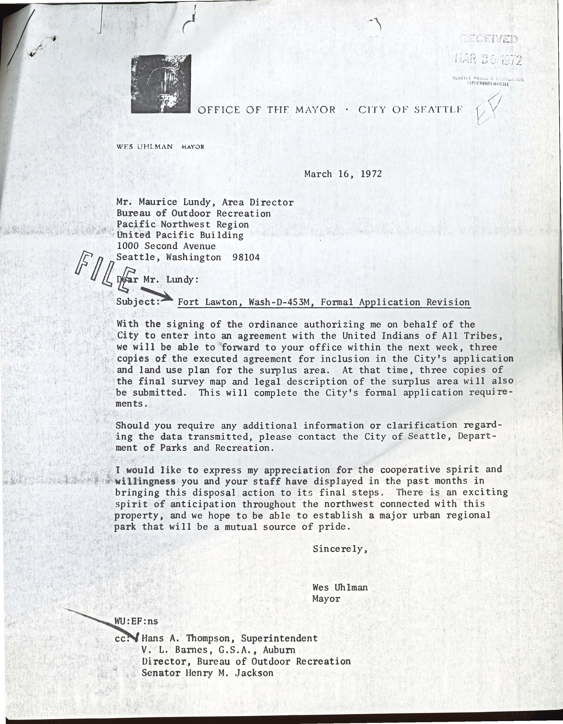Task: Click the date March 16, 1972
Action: pos(343,174)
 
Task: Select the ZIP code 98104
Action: pos(246,257)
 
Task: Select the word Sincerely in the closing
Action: pos(340,549)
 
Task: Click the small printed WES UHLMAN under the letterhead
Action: pos(144,147)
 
